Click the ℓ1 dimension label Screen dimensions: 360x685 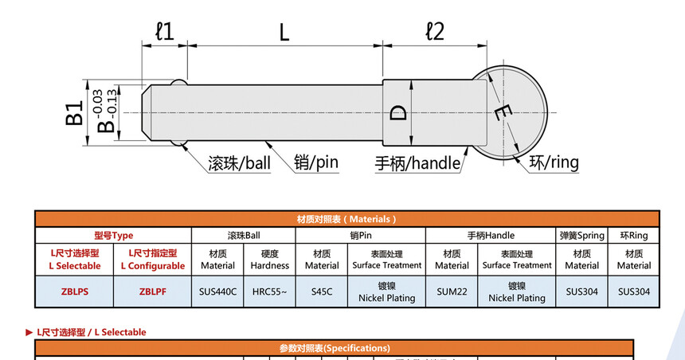164,31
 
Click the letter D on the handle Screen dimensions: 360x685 399,112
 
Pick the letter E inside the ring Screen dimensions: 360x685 501,113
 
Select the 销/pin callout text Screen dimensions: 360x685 315,163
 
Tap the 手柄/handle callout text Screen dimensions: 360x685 418,163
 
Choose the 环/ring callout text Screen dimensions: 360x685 554,162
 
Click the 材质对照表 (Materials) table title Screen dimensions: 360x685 346,219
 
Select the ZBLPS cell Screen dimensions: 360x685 75,292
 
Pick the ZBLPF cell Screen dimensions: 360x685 152,292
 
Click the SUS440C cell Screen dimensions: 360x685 217,292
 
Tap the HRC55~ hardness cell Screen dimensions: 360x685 269,292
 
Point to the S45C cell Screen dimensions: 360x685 322,292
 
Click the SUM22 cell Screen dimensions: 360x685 452,292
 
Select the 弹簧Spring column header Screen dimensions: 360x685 582,236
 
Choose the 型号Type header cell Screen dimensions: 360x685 113,236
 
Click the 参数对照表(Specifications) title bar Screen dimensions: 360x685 335,348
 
